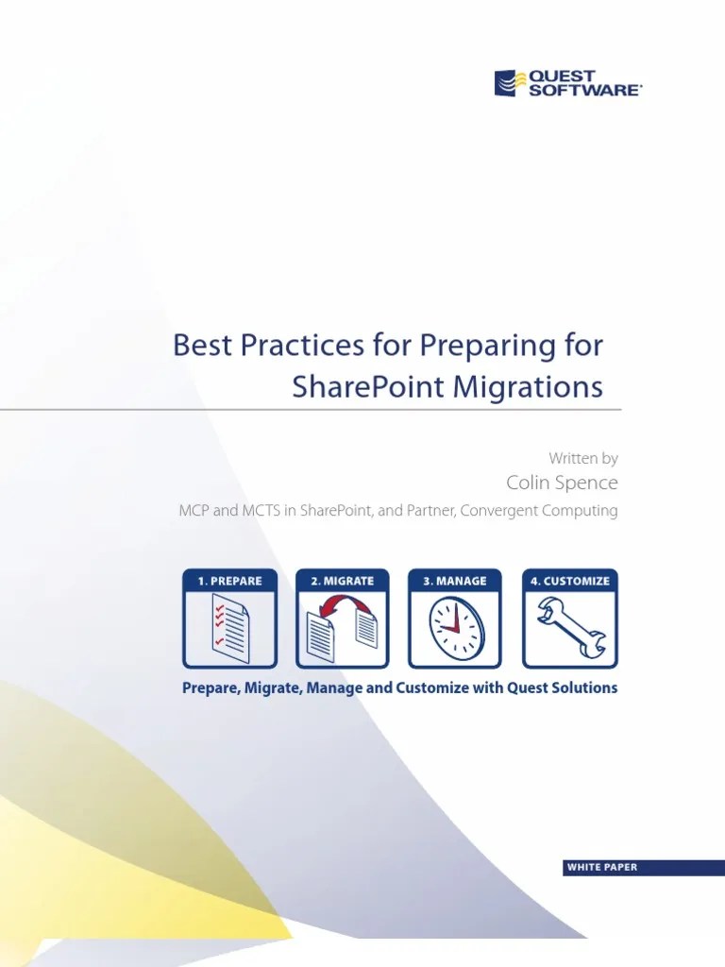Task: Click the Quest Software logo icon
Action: click(507, 82)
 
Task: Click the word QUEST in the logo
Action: click(563, 76)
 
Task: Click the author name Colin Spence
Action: click(563, 483)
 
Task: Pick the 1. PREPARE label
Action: click(230, 581)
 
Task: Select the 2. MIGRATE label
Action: click(343, 581)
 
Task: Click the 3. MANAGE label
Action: click(455, 581)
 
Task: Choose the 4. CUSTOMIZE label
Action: click(569, 581)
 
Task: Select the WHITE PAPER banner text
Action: click(601, 868)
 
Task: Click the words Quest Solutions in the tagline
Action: click(563, 688)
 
